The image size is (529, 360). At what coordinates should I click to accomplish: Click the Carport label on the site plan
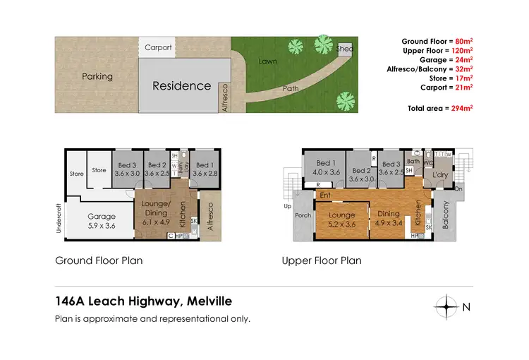[x=158, y=48]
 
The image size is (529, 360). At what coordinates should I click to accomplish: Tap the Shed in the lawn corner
[x=345, y=49]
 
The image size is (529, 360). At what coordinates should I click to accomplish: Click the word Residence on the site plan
[x=182, y=85]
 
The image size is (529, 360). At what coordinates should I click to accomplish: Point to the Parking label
[x=97, y=76]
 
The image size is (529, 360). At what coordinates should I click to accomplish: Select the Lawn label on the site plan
[x=267, y=61]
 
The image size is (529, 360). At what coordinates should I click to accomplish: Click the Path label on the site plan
[x=291, y=89]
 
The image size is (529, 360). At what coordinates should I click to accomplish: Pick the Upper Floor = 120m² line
[x=437, y=52]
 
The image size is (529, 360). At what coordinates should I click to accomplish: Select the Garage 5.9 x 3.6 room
[x=101, y=221]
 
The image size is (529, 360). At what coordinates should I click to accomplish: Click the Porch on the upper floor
[x=303, y=215]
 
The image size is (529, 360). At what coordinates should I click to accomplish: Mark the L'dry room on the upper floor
[x=440, y=174]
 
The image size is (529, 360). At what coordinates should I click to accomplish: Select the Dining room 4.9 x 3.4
[x=387, y=218]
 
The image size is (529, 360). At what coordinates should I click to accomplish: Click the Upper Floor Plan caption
[x=321, y=260]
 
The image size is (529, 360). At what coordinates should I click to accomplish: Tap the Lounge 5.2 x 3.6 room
[x=342, y=219]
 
